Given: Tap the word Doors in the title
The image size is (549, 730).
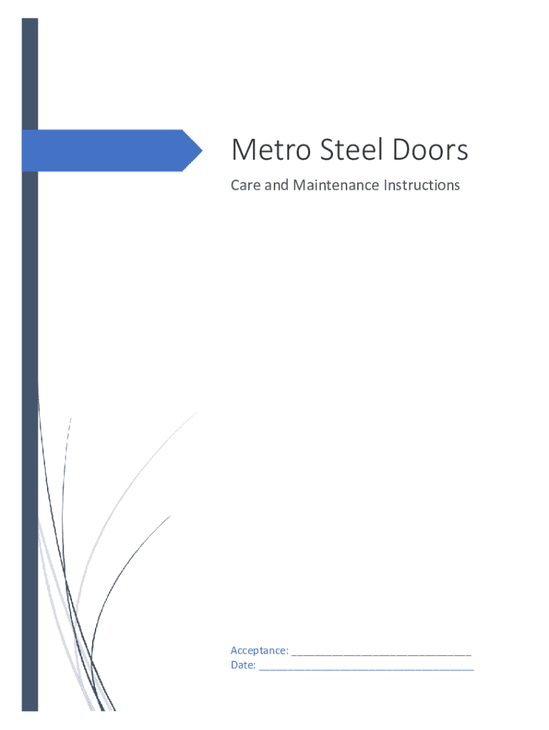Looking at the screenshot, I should click(429, 151).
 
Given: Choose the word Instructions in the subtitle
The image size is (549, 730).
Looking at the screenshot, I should click(422, 185).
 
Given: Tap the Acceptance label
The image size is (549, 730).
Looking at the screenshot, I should click(259, 650).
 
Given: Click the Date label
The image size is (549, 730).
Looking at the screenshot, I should click(242, 666).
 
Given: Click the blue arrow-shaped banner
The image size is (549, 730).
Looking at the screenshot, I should click(107, 150).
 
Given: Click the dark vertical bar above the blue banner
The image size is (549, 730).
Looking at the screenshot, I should click(29, 71).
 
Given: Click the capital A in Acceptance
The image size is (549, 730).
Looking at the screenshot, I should click(234, 650).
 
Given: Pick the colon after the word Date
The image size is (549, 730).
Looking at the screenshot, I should click(255, 667).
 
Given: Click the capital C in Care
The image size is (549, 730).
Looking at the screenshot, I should click(235, 185).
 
